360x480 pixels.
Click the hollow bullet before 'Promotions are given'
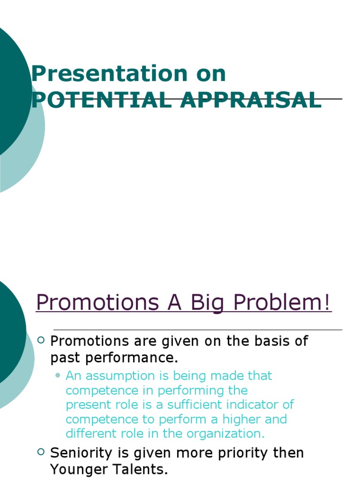(x=41, y=340)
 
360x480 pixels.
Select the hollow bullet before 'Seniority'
(x=41, y=452)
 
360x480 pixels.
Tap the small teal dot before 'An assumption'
(x=58, y=375)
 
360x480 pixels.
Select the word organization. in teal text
(x=225, y=433)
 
